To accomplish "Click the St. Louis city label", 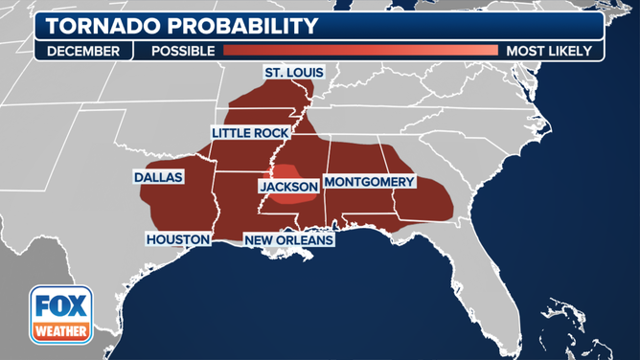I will point(294,73).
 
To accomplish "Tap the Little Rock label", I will point(250,133).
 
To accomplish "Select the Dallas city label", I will point(158,177).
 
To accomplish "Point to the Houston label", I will point(177,238).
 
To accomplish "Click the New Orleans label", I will point(288,240).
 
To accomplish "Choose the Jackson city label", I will point(288,187).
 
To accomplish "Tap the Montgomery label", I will point(369,182).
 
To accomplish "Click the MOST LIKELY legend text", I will point(549,51).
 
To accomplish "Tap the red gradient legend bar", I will point(360,51).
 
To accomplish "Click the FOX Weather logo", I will point(60,315).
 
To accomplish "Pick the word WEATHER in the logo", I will point(60,331).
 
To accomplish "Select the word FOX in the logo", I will point(60,306).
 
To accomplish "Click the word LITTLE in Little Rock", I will point(233,133).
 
